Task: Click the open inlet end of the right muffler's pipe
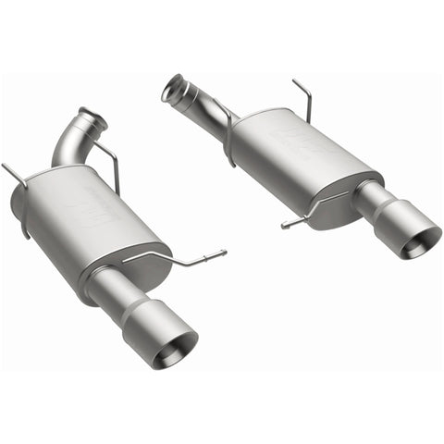click(172, 90)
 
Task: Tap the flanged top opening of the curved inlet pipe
click(92, 119)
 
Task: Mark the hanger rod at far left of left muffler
click(13, 175)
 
